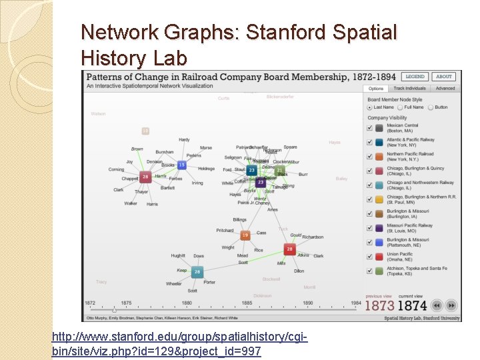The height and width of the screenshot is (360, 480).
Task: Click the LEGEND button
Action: (x=415, y=77)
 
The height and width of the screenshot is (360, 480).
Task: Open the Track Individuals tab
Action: (x=409, y=88)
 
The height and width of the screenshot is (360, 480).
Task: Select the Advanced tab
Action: (x=445, y=88)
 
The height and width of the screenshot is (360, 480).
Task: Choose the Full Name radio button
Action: (x=400, y=107)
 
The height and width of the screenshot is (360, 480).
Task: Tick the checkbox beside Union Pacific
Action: (x=369, y=256)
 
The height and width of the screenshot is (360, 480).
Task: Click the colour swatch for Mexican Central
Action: (x=379, y=127)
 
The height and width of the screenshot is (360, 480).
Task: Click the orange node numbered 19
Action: (x=245, y=235)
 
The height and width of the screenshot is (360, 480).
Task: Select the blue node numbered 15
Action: (x=181, y=165)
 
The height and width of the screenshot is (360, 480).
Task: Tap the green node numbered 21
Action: (x=280, y=171)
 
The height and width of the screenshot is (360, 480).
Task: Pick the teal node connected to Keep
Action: (x=197, y=272)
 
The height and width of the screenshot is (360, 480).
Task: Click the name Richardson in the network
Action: (x=313, y=237)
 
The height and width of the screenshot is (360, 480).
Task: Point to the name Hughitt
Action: (x=178, y=255)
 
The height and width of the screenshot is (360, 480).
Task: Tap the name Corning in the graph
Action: (x=116, y=169)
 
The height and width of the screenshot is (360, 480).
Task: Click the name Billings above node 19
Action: (x=239, y=219)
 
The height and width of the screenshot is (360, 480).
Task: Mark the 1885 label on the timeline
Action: (x=247, y=303)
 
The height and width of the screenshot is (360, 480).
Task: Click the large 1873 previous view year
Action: (x=379, y=306)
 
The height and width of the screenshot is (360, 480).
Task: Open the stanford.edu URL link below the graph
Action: (x=180, y=345)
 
